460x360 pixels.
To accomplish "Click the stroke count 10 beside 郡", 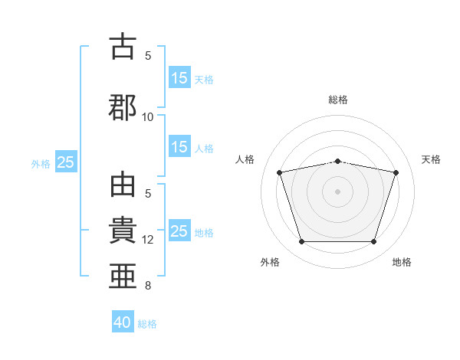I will (148, 116).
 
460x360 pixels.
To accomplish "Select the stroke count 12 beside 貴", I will (148, 239).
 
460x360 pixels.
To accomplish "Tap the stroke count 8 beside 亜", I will (148, 286).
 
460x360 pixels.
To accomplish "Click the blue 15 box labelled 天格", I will (179, 78).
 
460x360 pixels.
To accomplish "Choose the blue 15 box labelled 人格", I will (179, 147).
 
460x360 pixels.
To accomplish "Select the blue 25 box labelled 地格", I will (179, 231).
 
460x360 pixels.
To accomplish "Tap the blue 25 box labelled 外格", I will (66, 162).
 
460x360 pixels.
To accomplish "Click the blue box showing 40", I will (123, 322).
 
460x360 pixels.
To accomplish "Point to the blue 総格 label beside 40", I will (147, 324).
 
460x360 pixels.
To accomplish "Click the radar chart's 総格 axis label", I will (337, 100).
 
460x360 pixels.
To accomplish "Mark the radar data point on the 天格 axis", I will (396, 172).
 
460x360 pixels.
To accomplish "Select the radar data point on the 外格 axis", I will (301, 242).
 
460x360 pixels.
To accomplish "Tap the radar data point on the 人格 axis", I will (280, 172).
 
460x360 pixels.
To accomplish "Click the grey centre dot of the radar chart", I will (337, 191).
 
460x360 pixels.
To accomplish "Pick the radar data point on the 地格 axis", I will (373, 242).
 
